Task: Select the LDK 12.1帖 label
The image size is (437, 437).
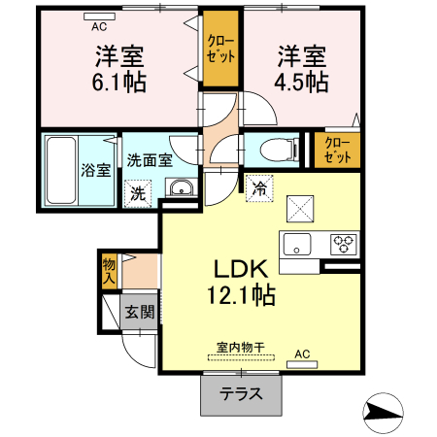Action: [x=239, y=281]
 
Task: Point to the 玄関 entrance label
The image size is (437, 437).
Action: [x=139, y=312]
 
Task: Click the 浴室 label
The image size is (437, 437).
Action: [x=95, y=167]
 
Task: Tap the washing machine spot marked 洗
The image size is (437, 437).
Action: [x=139, y=193]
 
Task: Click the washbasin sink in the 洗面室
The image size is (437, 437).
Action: [x=179, y=188]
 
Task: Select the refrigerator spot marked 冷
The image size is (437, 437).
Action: [x=260, y=186]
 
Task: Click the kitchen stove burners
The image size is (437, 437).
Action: [x=344, y=242]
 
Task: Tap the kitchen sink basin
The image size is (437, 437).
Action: [x=295, y=243]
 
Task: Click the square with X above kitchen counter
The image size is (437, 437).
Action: [x=298, y=206]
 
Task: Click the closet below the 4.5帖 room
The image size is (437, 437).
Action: [x=338, y=150]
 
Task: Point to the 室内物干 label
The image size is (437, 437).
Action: [x=241, y=345]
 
